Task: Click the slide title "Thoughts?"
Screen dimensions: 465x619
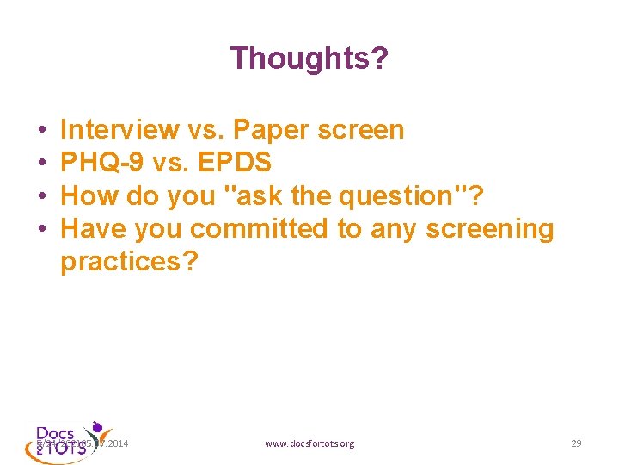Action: [309, 59]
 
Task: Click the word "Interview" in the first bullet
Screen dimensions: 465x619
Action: [120, 130]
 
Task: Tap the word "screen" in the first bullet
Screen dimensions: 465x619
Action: [361, 130]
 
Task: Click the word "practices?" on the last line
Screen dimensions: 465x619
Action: [129, 262]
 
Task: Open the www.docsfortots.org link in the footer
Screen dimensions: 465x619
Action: [309, 443]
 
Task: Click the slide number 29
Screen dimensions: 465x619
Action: [576, 443]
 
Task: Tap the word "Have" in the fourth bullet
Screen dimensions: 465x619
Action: [91, 229]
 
